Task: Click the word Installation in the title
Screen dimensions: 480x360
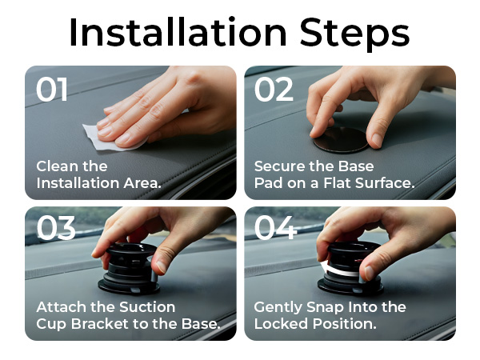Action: [x=178, y=33]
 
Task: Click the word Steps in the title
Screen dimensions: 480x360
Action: [x=354, y=34]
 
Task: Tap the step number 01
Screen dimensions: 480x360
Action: [x=52, y=89]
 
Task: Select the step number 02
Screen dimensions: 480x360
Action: [x=274, y=89]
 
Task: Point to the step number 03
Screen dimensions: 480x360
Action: [x=56, y=228]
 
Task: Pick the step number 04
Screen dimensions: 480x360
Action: [x=275, y=228]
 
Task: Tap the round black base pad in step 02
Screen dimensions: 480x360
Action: [x=342, y=140]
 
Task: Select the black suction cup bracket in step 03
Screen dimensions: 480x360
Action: [x=129, y=269]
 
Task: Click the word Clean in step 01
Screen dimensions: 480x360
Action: [x=58, y=166]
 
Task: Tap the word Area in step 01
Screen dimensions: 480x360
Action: [x=142, y=183]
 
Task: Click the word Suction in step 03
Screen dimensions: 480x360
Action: [x=147, y=307]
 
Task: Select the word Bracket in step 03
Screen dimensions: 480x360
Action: [x=100, y=324]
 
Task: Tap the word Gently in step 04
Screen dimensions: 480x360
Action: [x=278, y=308]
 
